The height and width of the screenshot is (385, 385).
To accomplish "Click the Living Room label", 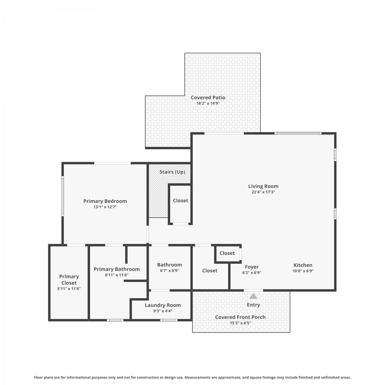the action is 263,186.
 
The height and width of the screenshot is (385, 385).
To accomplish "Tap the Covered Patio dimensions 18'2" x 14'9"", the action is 208,103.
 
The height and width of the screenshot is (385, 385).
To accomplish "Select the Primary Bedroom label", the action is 105,201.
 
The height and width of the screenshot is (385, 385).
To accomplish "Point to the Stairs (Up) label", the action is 172,172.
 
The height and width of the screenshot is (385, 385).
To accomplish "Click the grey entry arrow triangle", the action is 254,296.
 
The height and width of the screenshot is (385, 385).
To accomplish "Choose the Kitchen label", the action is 303,265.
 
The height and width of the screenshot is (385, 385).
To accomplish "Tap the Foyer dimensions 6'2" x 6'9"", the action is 252,273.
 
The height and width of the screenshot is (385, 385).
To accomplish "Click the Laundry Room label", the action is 163,305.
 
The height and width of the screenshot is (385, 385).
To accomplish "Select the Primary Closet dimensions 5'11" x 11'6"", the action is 69,289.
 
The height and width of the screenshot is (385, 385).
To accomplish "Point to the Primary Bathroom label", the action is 117,269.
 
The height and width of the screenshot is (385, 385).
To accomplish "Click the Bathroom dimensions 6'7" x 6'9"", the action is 169,271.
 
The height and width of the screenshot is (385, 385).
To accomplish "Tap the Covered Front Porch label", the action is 240,317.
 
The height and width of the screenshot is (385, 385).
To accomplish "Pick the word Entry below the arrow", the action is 253,305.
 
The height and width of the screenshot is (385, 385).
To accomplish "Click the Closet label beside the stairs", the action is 180,200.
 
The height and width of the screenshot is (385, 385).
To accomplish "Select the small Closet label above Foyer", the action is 227,253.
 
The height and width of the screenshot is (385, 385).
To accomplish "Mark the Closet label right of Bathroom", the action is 210,271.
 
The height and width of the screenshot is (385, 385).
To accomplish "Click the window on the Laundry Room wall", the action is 169,320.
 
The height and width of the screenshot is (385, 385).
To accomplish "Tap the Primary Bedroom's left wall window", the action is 62,196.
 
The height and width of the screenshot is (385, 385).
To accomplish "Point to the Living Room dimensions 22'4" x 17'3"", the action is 263,192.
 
